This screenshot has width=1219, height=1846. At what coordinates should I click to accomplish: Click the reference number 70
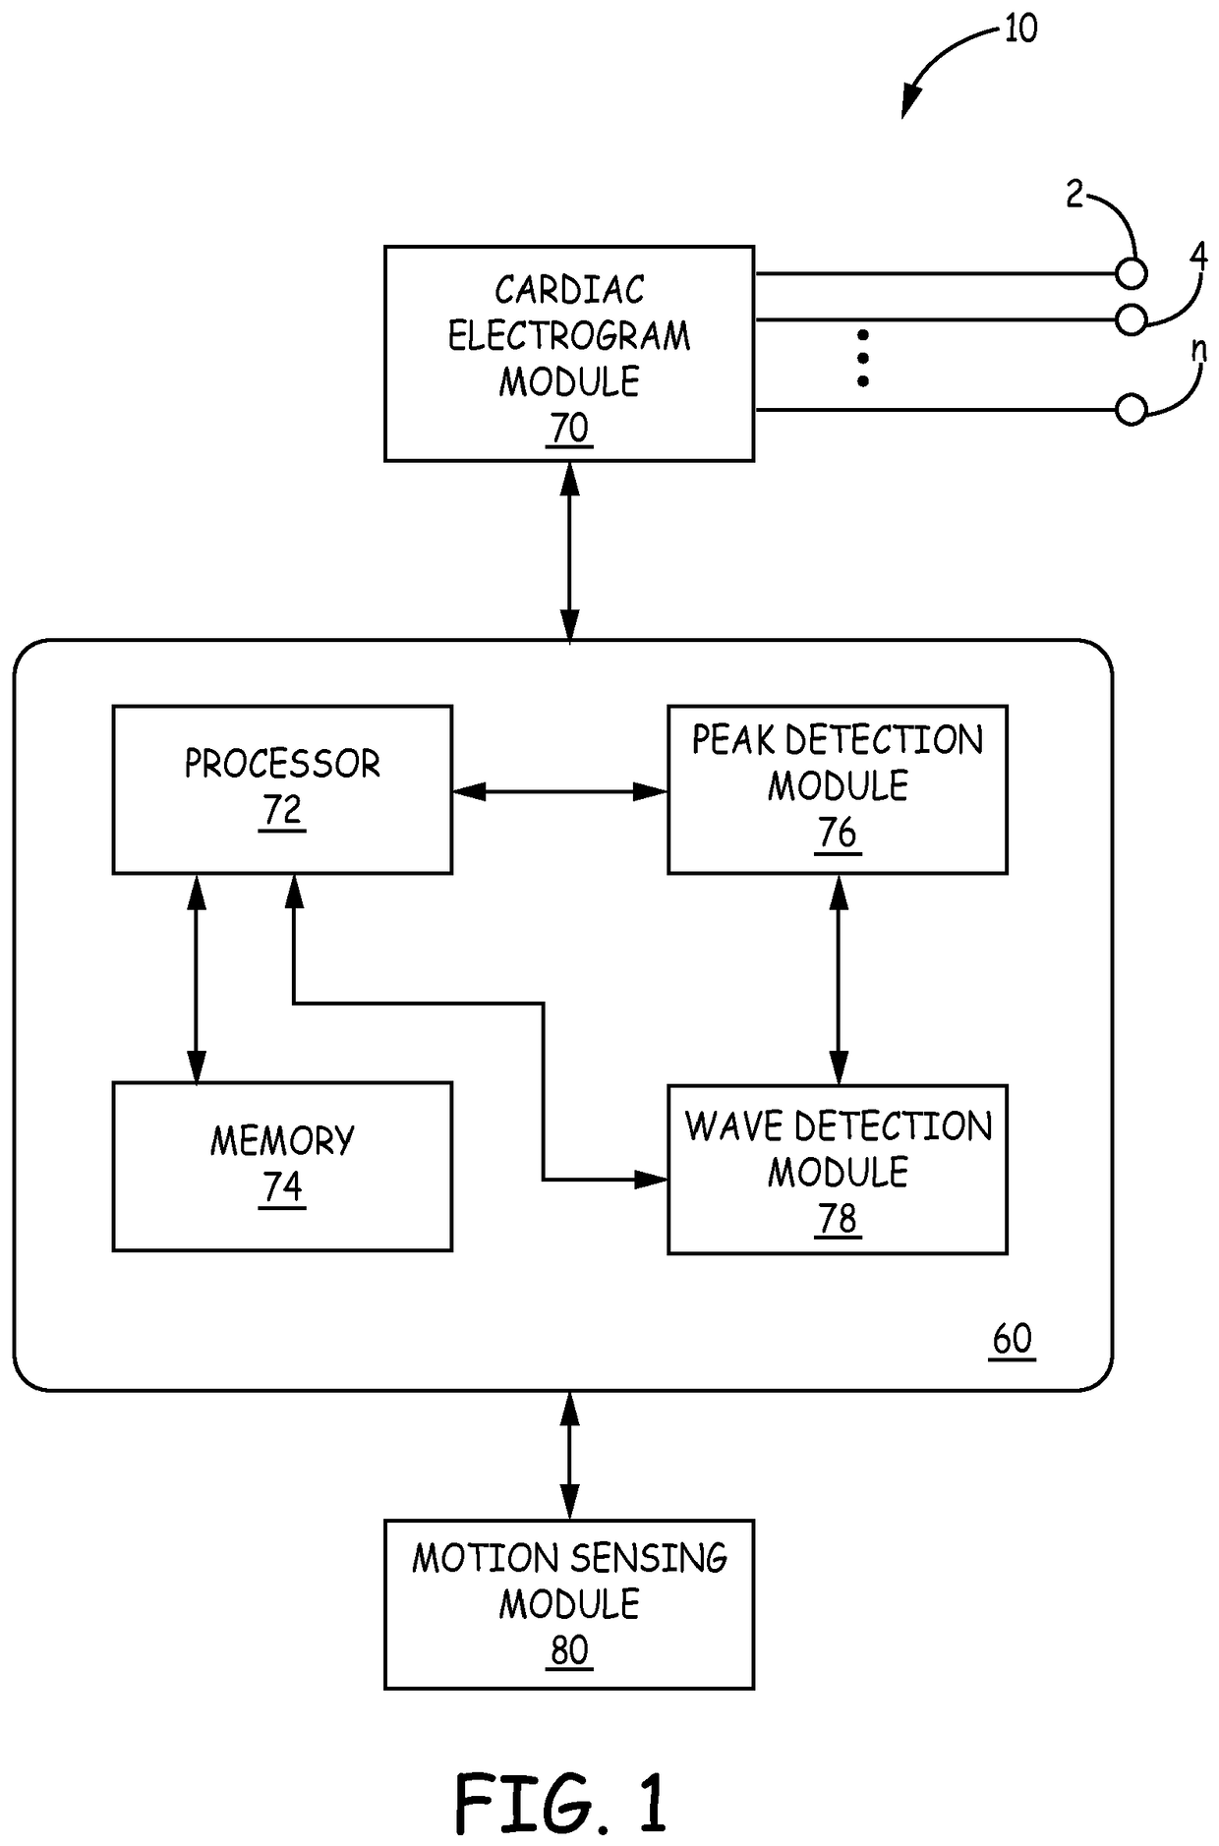click(x=570, y=429)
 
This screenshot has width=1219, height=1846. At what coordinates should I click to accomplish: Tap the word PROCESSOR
click(x=282, y=764)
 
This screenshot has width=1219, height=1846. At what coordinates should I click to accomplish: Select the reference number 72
click(x=282, y=810)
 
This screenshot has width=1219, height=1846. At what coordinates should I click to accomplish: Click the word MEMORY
click(x=282, y=1140)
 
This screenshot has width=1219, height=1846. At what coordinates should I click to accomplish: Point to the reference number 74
click(x=282, y=1187)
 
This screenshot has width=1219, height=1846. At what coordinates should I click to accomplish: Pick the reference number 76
click(x=838, y=833)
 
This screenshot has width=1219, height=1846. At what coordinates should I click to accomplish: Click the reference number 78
click(x=838, y=1219)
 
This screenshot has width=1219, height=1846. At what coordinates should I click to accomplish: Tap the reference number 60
click(x=1013, y=1339)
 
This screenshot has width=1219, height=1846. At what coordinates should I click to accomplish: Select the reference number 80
click(x=570, y=1650)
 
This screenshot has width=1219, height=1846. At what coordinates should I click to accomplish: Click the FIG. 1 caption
click(x=561, y=1805)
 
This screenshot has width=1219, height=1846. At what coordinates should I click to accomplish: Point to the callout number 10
click(x=1020, y=29)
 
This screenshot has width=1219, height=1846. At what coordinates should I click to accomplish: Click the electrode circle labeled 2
click(x=1132, y=274)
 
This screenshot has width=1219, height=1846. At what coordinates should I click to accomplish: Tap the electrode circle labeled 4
click(x=1132, y=319)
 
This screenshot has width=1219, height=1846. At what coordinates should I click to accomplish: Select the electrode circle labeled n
click(x=1132, y=410)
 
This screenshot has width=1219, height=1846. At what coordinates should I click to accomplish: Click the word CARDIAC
click(x=570, y=290)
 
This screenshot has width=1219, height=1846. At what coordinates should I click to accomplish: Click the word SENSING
click(x=649, y=1558)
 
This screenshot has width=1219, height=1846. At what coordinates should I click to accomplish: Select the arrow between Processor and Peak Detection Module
click(x=560, y=790)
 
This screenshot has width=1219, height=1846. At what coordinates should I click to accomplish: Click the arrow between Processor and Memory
click(x=197, y=978)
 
